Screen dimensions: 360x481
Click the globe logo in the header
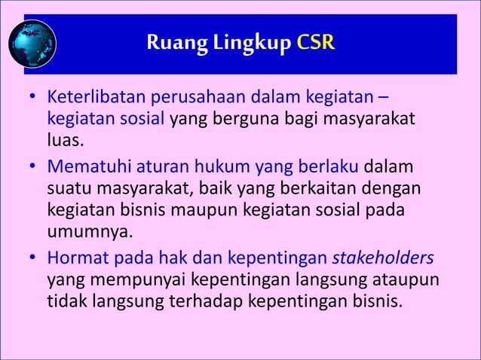(32, 44)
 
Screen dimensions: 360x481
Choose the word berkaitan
(318, 186)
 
